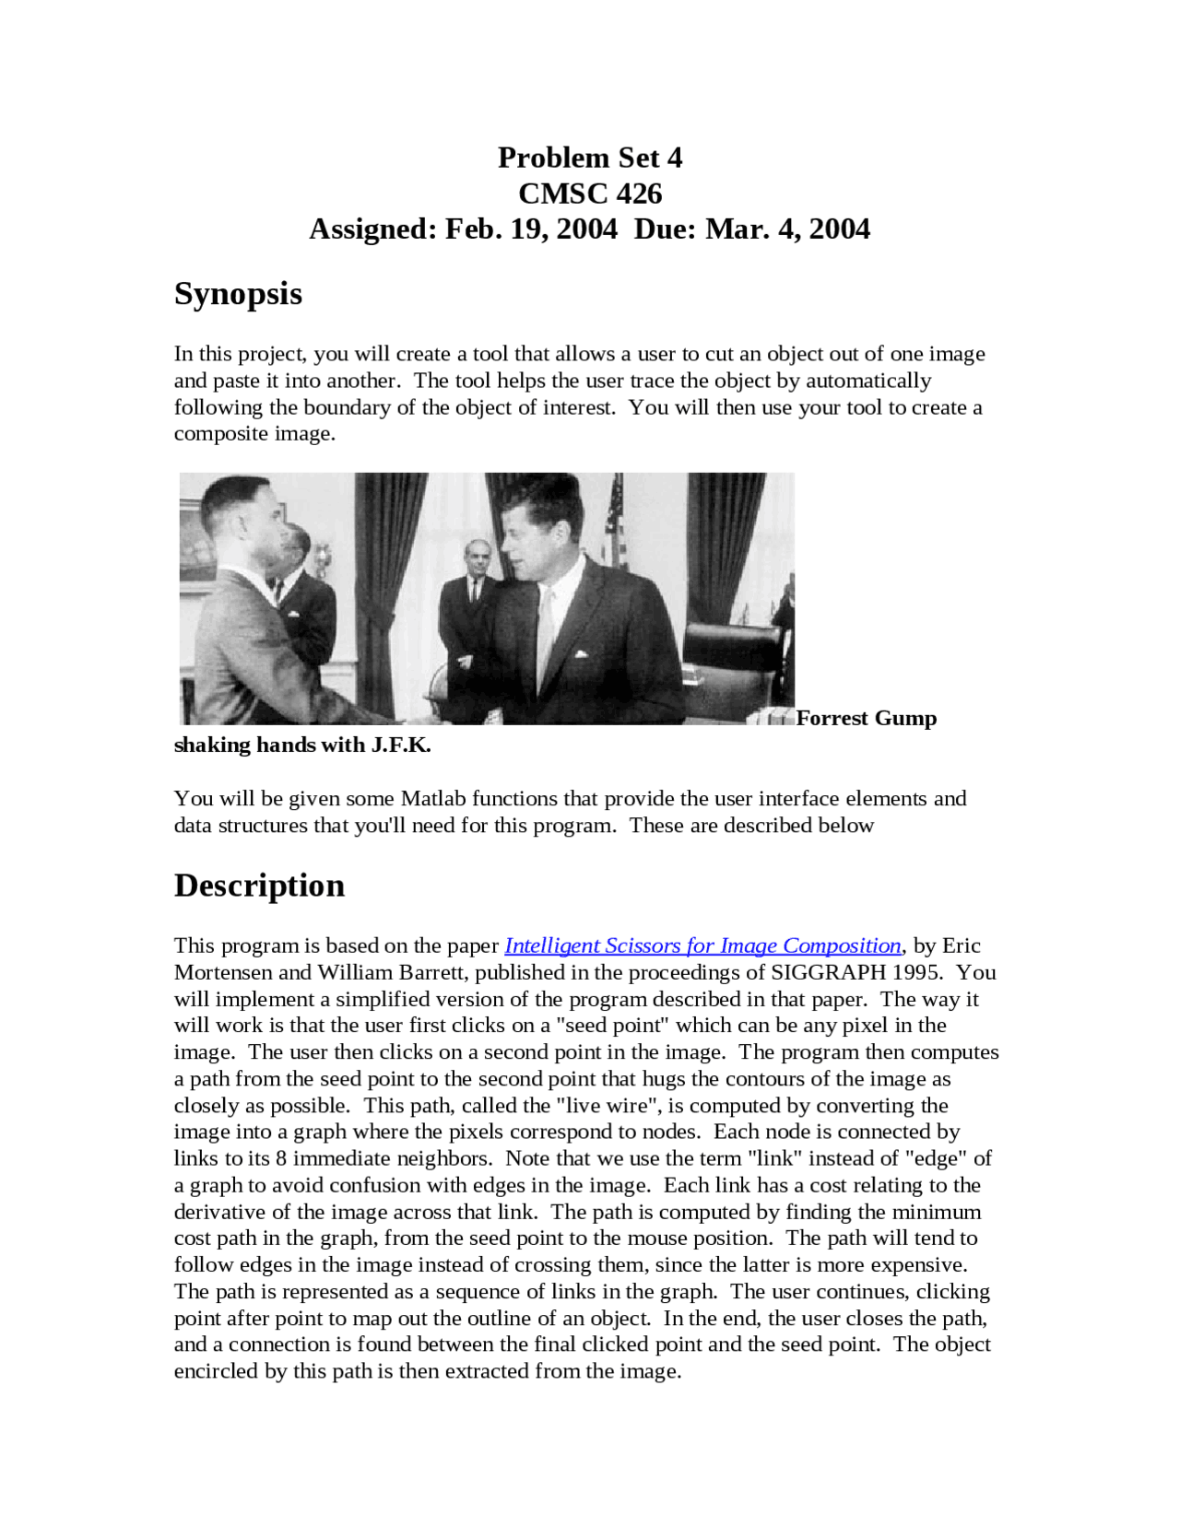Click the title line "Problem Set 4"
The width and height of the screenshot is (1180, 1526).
590,158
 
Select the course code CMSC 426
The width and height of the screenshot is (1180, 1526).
590,194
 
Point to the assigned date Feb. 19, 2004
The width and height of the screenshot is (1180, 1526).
531,229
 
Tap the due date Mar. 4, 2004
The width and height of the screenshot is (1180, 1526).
787,229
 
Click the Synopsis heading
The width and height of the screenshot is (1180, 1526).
238,294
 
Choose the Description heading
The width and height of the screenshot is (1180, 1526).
259,886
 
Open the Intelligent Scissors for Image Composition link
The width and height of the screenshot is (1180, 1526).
702,946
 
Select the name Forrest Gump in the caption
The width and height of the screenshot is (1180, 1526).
867,719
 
